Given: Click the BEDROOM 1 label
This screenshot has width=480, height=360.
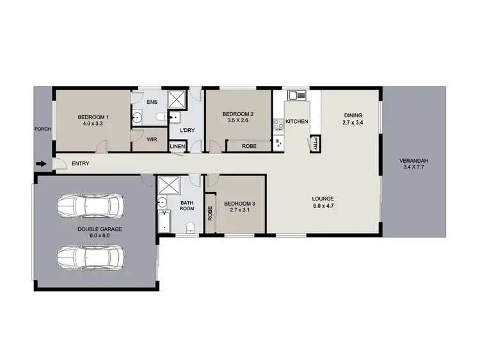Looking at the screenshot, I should [x=93, y=117].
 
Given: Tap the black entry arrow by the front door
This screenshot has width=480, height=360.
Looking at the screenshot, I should [x=41, y=164].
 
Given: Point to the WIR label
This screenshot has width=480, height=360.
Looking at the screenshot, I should [x=152, y=138].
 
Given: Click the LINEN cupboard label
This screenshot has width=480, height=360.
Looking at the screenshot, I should [x=177, y=147].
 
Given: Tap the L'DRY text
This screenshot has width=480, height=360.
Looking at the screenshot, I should [x=187, y=131].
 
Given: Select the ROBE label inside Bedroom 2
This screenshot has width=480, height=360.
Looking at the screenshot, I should [x=250, y=146].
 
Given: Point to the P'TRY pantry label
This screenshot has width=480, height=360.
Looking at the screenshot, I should [x=316, y=145].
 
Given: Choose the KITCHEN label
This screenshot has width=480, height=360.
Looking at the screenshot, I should [x=297, y=121].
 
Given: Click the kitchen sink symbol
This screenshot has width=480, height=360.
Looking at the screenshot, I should [x=296, y=96].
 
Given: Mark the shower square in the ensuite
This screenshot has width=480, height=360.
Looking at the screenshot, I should [x=176, y=99].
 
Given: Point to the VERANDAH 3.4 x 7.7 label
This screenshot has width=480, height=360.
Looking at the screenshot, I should [x=413, y=163].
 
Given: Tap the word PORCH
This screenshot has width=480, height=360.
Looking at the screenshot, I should [x=42, y=129].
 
